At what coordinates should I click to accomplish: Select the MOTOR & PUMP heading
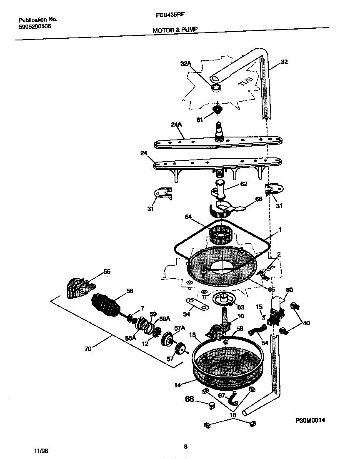[x=175, y=30]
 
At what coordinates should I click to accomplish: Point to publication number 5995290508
[x=35, y=26]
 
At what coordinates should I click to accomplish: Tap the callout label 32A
[x=186, y=64]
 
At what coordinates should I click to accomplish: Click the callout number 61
[x=200, y=120]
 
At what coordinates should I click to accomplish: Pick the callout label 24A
[x=177, y=124]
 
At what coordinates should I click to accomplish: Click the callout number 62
[x=244, y=184]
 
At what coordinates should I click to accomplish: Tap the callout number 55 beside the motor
[x=107, y=272]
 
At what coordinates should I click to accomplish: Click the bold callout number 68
[x=190, y=399]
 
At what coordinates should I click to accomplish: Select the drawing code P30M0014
[x=310, y=421]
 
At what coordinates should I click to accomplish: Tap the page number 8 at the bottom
[x=185, y=447]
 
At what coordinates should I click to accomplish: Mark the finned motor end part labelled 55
[x=80, y=287]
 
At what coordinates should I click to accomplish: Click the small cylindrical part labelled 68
[x=212, y=405]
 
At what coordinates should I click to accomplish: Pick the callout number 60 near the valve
[x=289, y=290]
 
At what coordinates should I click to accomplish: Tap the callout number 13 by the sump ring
[x=192, y=335]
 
